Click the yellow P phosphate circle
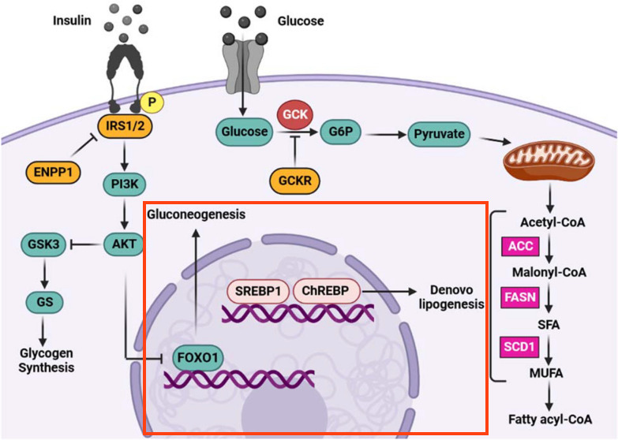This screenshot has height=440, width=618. click(x=152, y=102)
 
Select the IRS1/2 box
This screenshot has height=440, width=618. click(x=125, y=126)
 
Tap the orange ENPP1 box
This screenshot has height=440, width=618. click(x=53, y=173)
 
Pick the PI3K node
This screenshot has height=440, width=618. click(x=125, y=184)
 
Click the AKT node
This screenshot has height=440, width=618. click(x=124, y=244)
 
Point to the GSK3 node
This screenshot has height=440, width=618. click(x=43, y=244)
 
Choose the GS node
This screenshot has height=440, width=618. click(x=44, y=302)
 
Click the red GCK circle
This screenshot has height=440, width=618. click(x=295, y=114)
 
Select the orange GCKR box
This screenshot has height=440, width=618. click(x=295, y=181)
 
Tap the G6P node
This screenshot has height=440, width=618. click(x=340, y=132)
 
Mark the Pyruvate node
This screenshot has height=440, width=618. click(x=439, y=134)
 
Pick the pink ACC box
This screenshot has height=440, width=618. click(x=520, y=247)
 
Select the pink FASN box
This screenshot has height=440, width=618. click(x=520, y=297)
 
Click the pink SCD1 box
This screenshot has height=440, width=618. click(x=520, y=347)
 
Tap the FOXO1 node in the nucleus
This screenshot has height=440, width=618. click(x=198, y=358)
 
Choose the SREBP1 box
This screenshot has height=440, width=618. click(x=258, y=291)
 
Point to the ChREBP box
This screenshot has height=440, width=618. click(x=326, y=291)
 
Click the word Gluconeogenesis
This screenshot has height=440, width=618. click(x=196, y=214)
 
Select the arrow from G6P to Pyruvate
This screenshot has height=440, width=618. click(x=386, y=135)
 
